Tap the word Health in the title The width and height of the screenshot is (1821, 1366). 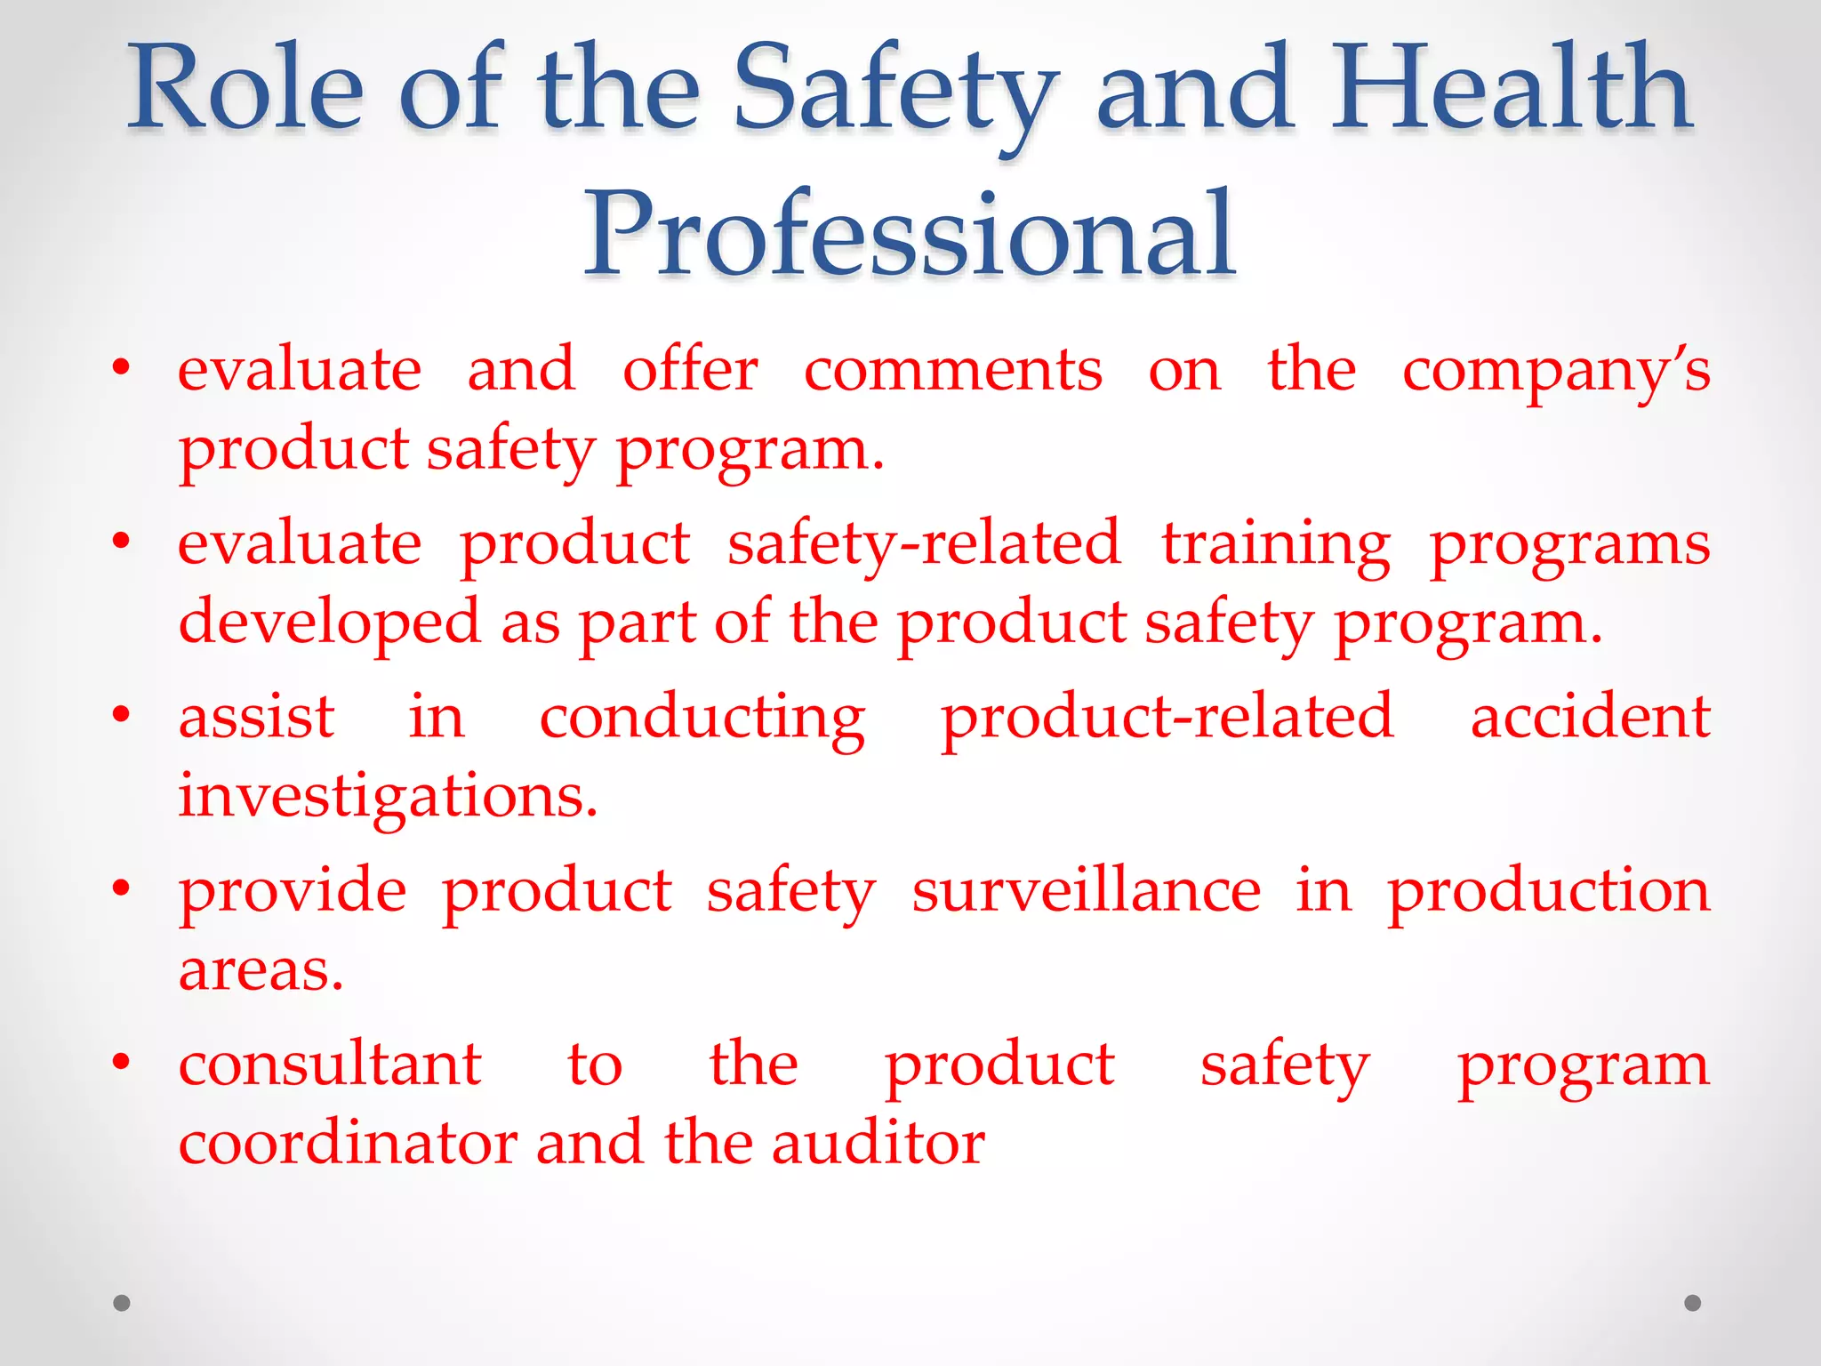pos(1511,89)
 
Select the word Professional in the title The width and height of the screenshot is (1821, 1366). pos(909,233)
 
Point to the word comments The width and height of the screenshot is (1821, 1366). pos(953,370)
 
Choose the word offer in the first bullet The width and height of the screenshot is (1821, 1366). pos(690,368)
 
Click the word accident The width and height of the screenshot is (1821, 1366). pos(1590,717)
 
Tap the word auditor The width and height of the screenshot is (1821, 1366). pos(878,1144)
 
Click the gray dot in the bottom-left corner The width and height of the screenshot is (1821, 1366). pos(122,1303)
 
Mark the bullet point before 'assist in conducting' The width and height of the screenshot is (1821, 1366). pos(122,714)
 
